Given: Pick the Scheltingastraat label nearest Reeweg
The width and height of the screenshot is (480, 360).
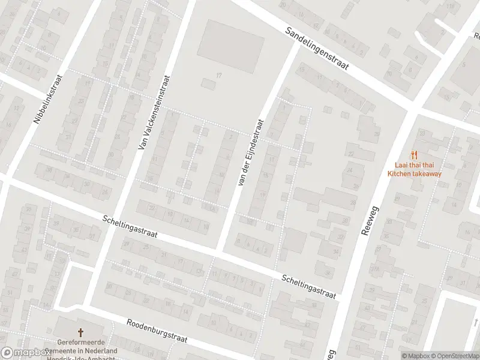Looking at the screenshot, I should [308, 286].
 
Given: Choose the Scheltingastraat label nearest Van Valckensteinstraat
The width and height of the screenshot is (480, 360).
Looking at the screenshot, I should [130, 227].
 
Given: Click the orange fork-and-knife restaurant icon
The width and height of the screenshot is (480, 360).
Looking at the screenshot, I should [414, 154].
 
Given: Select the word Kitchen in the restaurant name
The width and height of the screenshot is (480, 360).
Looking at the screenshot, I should [400, 174].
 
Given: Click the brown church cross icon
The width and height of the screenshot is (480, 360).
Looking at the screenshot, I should [80, 332].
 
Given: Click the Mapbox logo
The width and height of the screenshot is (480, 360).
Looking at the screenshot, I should [26, 353].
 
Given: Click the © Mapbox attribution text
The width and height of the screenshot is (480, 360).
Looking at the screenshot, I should [415, 356].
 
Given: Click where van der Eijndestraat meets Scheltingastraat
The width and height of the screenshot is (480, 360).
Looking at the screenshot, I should [221, 250].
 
